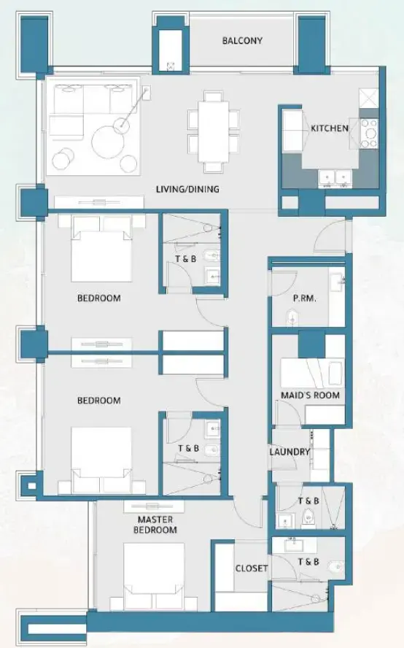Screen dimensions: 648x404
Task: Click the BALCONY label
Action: coord(242,41)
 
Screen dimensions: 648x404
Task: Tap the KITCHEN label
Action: coord(330,128)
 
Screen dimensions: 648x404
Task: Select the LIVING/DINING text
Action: coord(187,190)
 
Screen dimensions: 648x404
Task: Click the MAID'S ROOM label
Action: coord(310,396)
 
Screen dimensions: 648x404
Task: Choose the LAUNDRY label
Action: coord(290,452)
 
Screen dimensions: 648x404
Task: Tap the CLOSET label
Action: coord(251,568)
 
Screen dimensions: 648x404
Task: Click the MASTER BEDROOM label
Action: coord(157,525)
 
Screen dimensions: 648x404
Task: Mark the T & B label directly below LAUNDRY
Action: coord(308,501)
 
